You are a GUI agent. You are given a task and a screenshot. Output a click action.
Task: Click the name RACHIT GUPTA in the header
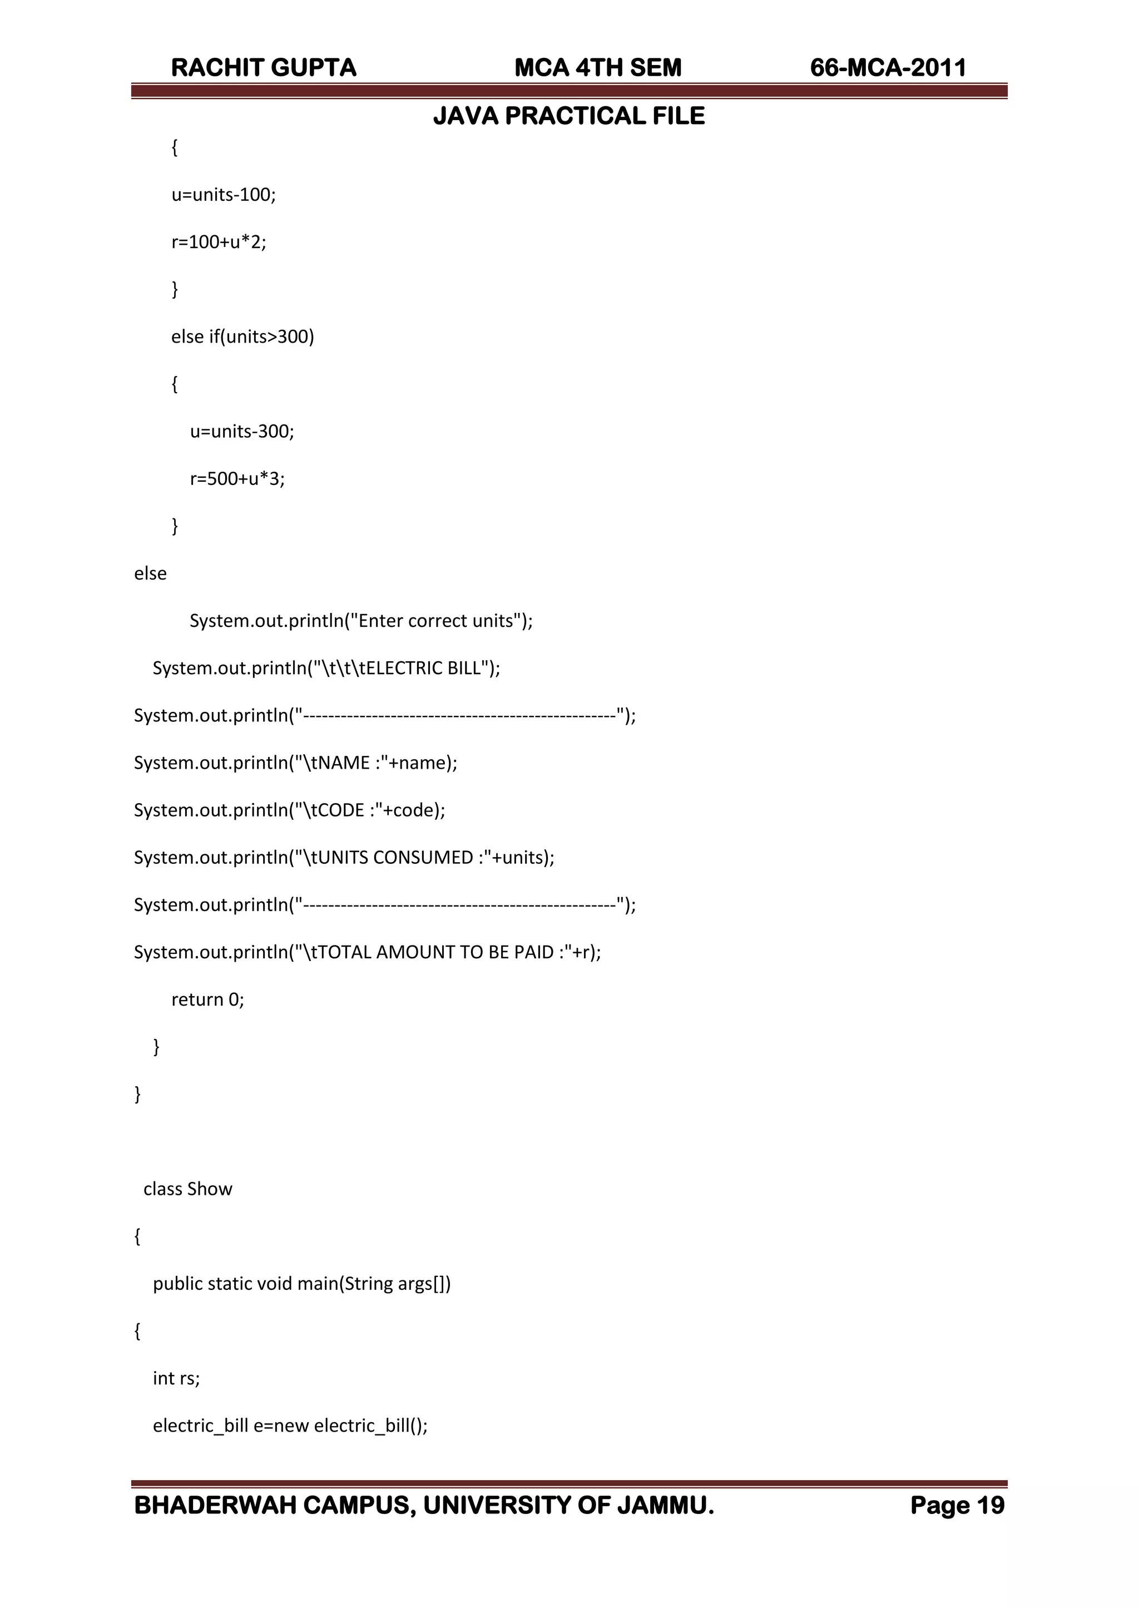(264, 68)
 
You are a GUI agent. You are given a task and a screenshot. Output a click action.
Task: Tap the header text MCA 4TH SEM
(597, 68)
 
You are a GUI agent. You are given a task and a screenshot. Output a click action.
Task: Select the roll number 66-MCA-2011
(888, 68)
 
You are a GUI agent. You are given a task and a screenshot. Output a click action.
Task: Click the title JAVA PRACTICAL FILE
(569, 116)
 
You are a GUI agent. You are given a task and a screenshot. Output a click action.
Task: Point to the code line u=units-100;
(224, 195)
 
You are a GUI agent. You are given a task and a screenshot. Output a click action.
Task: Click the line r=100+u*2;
(219, 242)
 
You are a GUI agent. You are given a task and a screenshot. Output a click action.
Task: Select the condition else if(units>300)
(242, 337)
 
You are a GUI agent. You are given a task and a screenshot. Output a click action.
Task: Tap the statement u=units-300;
(242, 431)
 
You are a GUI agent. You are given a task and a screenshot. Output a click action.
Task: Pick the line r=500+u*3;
(237, 479)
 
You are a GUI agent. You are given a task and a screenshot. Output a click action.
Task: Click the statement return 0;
(207, 1000)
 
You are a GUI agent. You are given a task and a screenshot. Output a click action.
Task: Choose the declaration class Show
(188, 1189)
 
